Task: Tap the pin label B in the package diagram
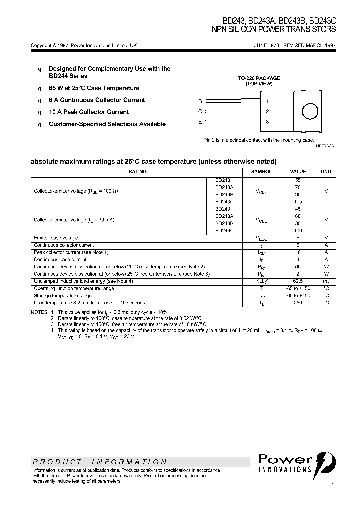200,101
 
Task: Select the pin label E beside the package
200,122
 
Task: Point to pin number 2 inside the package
267,111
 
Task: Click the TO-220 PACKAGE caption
259,78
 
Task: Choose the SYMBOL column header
261,171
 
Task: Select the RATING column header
137,171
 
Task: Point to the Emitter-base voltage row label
56,238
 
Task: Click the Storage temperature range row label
63,296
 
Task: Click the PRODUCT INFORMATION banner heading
100,462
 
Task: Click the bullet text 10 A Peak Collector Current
89,112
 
